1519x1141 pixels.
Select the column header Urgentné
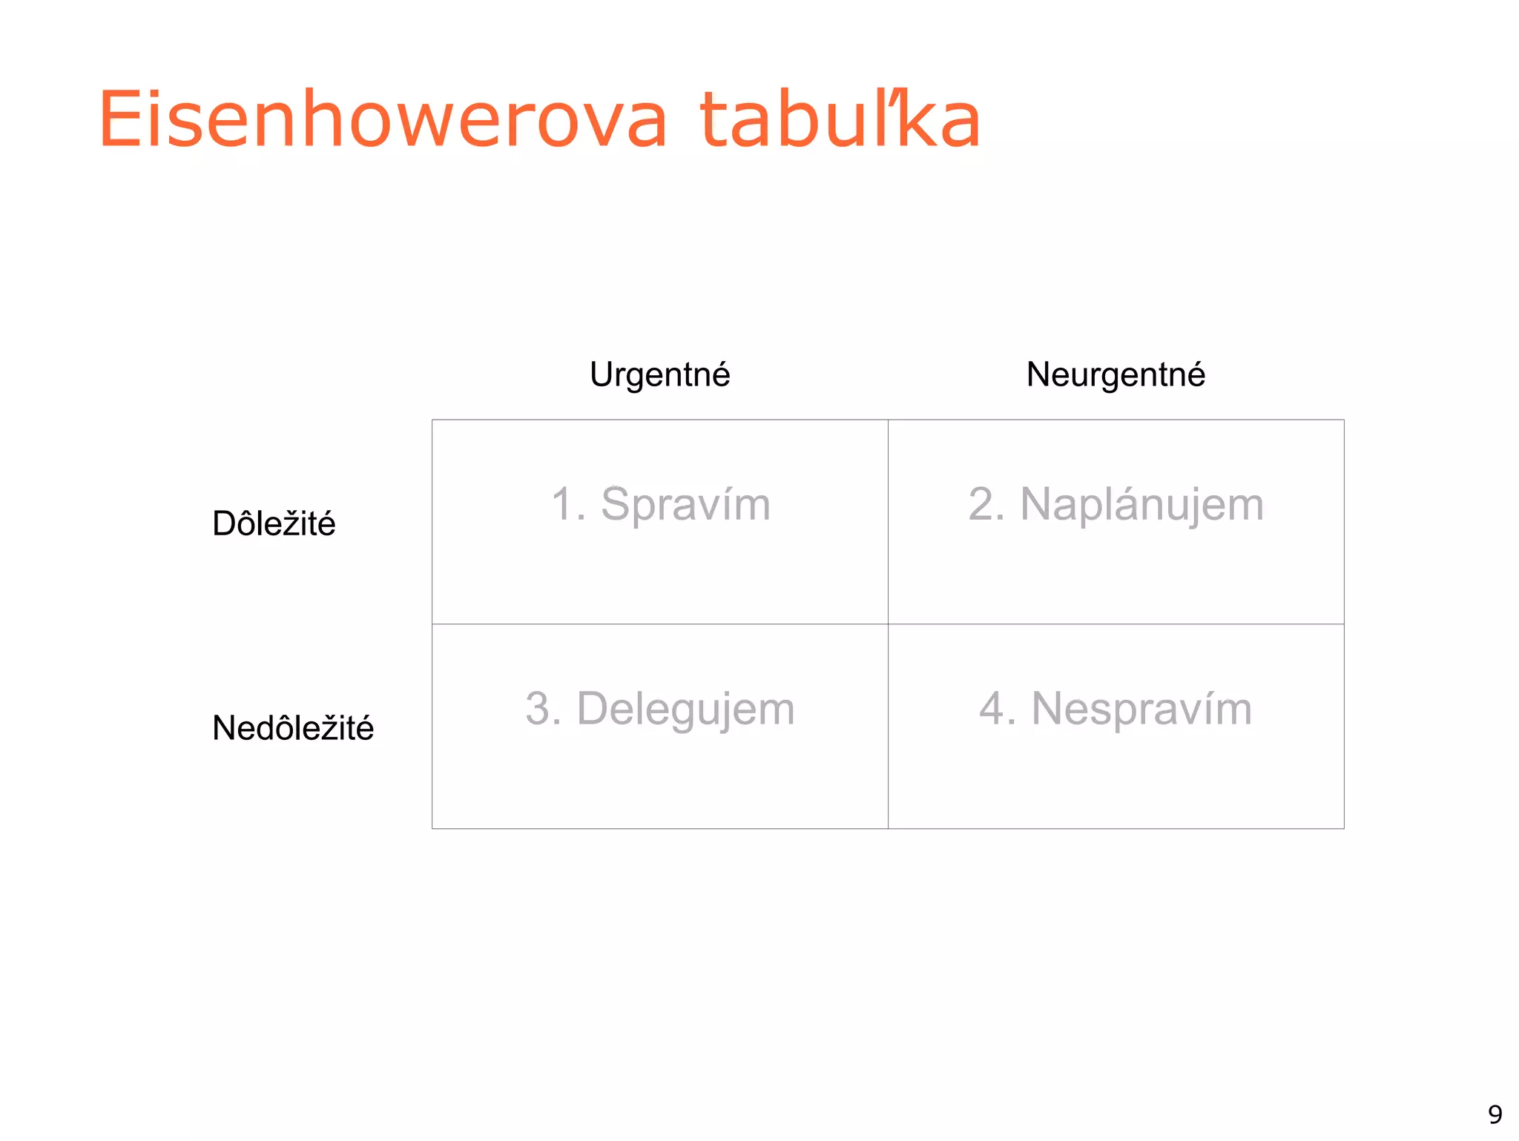tap(659, 374)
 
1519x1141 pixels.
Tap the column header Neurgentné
tap(1115, 374)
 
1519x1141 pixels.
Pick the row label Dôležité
tap(274, 523)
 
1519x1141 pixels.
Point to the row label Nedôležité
tap(293, 728)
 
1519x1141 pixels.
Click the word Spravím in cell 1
tap(685, 505)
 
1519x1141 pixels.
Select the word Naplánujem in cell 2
tap(1141, 505)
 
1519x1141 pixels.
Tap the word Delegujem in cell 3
tap(685, 709)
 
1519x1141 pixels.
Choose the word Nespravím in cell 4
tap(1141, 709)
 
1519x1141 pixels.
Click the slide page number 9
tap(1495, 1114)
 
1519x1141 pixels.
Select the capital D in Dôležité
tap(225, 523)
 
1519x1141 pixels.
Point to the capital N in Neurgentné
tap(1038, 374)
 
